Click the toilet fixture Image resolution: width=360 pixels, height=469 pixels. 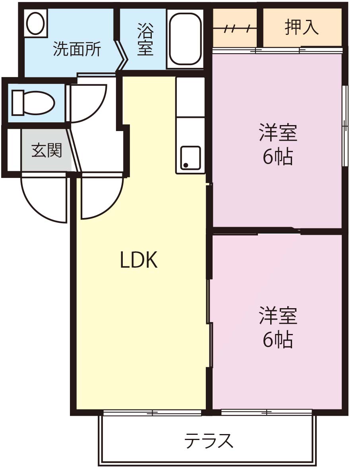pos(33,102)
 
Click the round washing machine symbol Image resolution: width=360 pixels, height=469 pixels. pos(36,23)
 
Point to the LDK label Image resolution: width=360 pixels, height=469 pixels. pos(139,260)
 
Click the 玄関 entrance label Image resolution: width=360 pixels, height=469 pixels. pos(46,150)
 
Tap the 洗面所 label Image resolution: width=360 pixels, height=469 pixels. pos(77,49)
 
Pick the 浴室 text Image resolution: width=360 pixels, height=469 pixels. pos(145,39)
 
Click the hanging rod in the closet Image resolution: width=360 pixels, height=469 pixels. pos(234,29)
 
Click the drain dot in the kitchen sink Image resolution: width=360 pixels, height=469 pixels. pos(186,165)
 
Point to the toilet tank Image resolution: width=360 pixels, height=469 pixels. pos(17,102)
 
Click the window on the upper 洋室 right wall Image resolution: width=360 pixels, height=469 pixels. pos(345,125)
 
